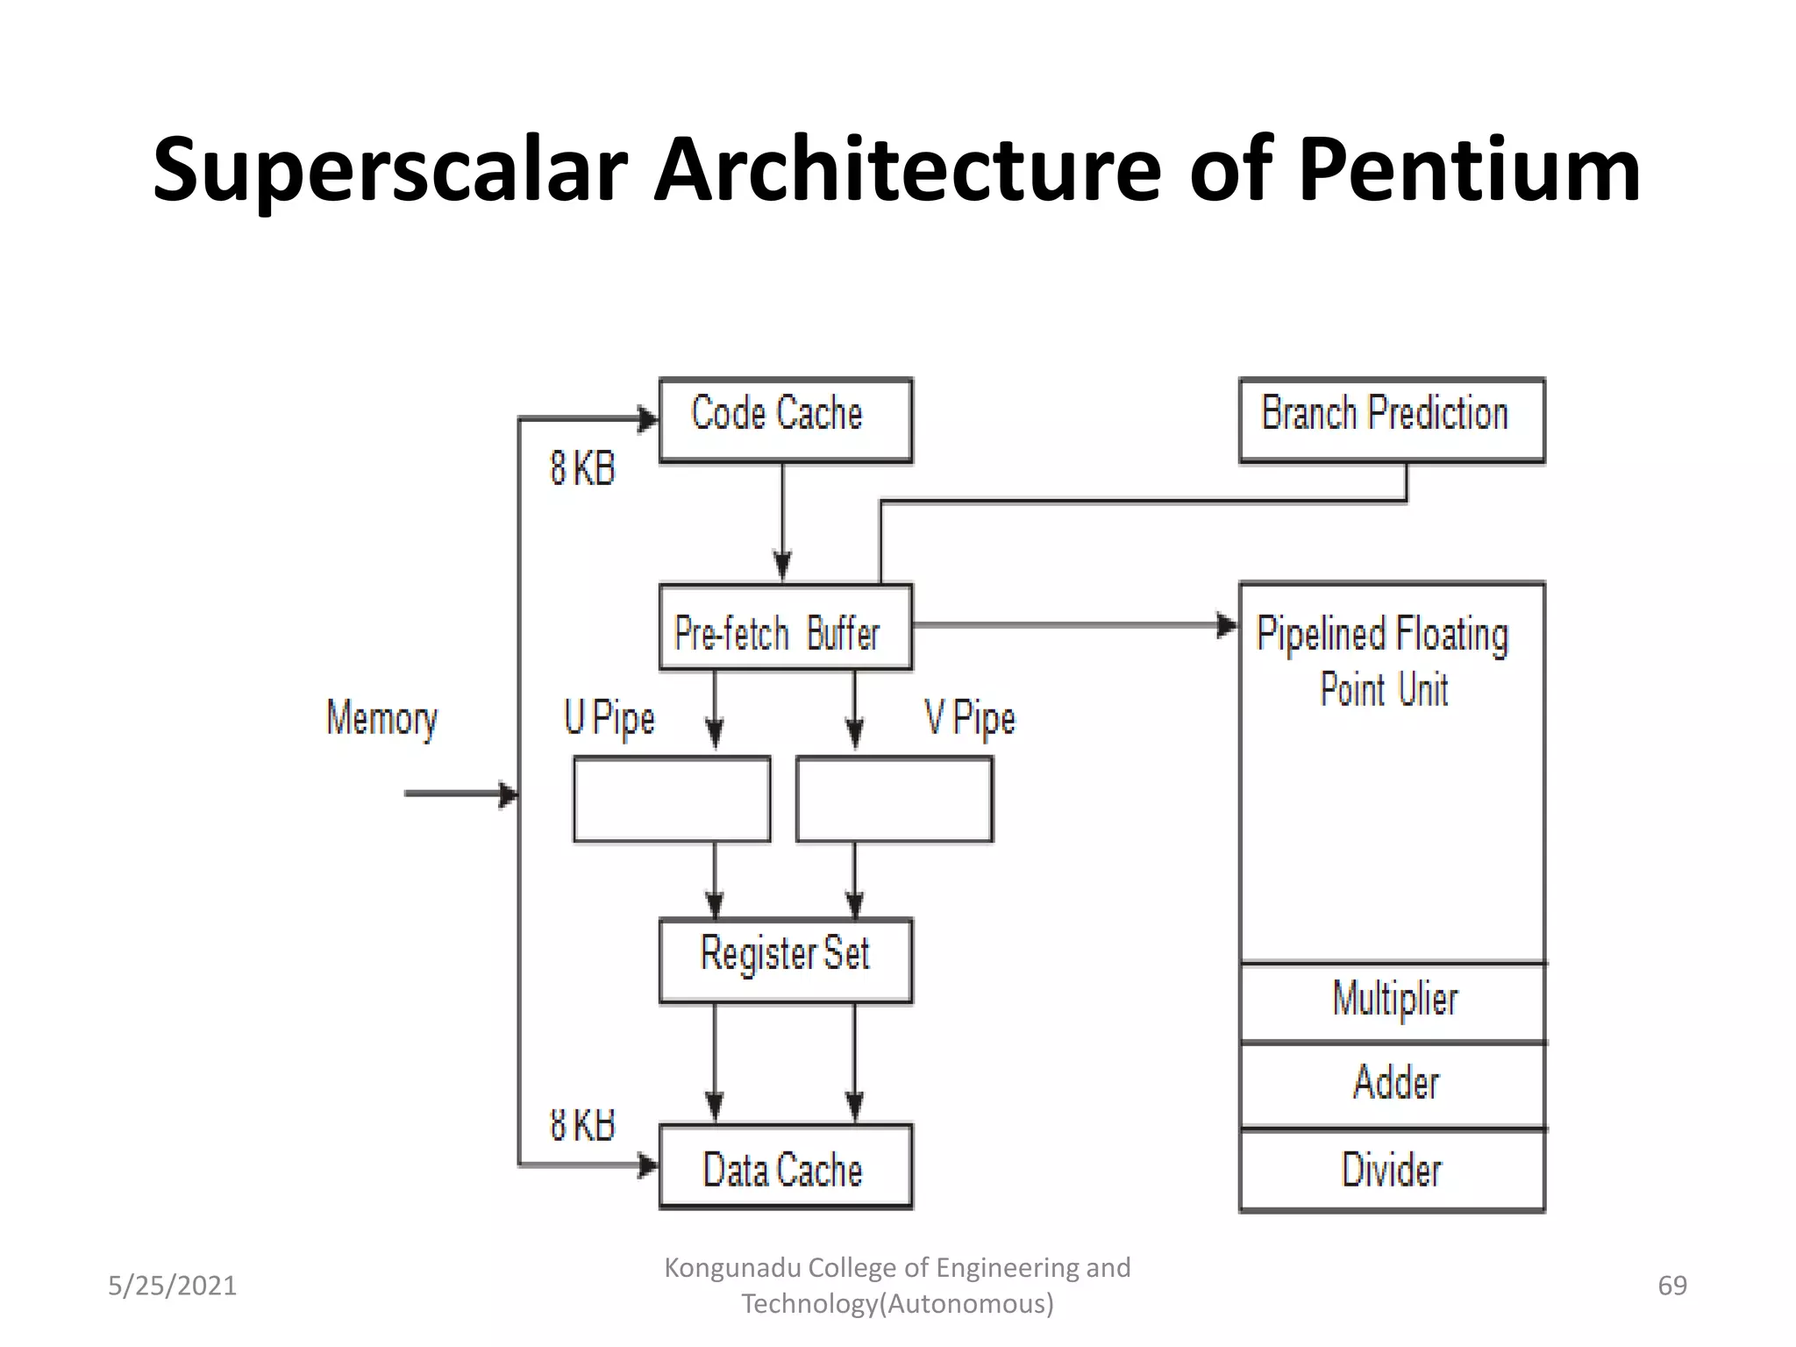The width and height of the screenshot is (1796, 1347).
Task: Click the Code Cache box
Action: tap(785, 420)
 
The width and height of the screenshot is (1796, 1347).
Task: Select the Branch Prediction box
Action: tap(1391, 420)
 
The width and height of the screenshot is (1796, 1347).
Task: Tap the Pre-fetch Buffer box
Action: tap(785, 628)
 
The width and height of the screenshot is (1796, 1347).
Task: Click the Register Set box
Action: tap(785, 960)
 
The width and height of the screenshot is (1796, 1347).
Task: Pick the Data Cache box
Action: tap(785, 1167)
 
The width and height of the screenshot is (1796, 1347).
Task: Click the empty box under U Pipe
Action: tap(672, 799)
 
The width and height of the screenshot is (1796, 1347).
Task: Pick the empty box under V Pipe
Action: tap(894, 799)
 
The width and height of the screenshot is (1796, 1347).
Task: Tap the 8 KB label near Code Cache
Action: tap(582, 468)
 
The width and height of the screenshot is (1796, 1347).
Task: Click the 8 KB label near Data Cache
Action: tap(582, 1125)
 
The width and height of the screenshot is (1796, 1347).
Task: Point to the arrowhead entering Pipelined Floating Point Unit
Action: tap(1228, 625)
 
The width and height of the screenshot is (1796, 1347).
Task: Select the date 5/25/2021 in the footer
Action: tap(172, 1286)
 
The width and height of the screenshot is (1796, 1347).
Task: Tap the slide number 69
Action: tap(1671, 1286)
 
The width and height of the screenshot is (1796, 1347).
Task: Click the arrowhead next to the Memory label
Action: tap(509, 795)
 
